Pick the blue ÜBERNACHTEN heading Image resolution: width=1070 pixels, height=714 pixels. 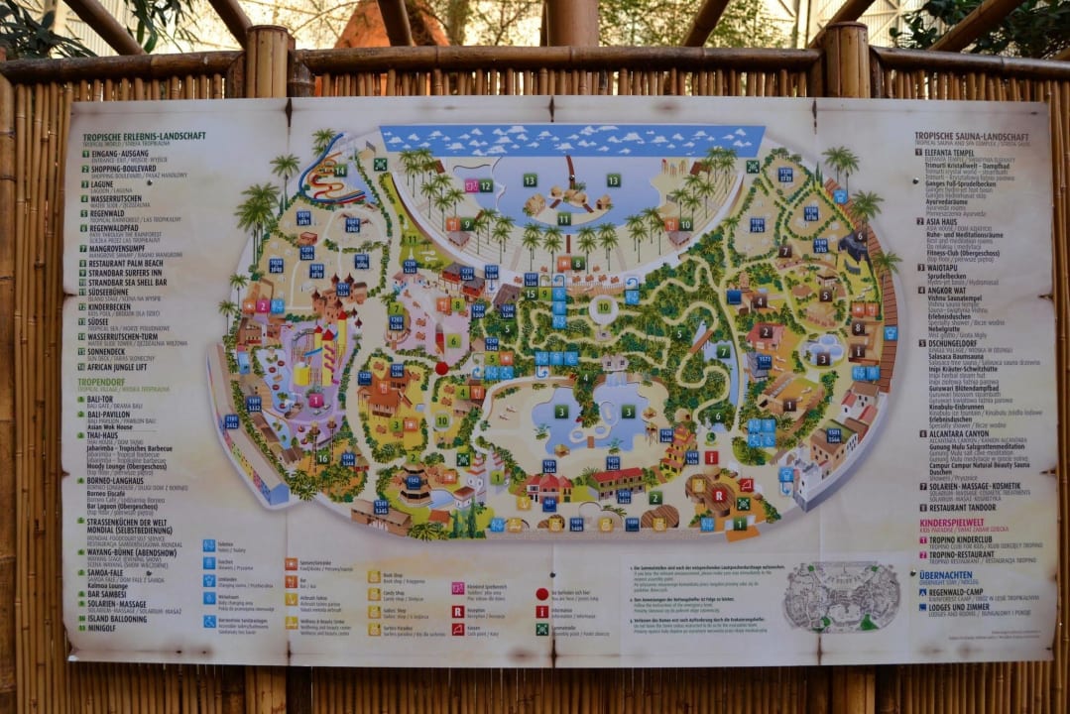(947, 575)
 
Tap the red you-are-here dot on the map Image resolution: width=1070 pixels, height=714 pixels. (442, 367)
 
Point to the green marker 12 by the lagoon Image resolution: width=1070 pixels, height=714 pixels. (486, 185)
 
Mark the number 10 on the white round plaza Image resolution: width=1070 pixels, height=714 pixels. (604, 306)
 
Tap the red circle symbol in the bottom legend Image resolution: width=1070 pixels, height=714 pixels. (541, 593)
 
